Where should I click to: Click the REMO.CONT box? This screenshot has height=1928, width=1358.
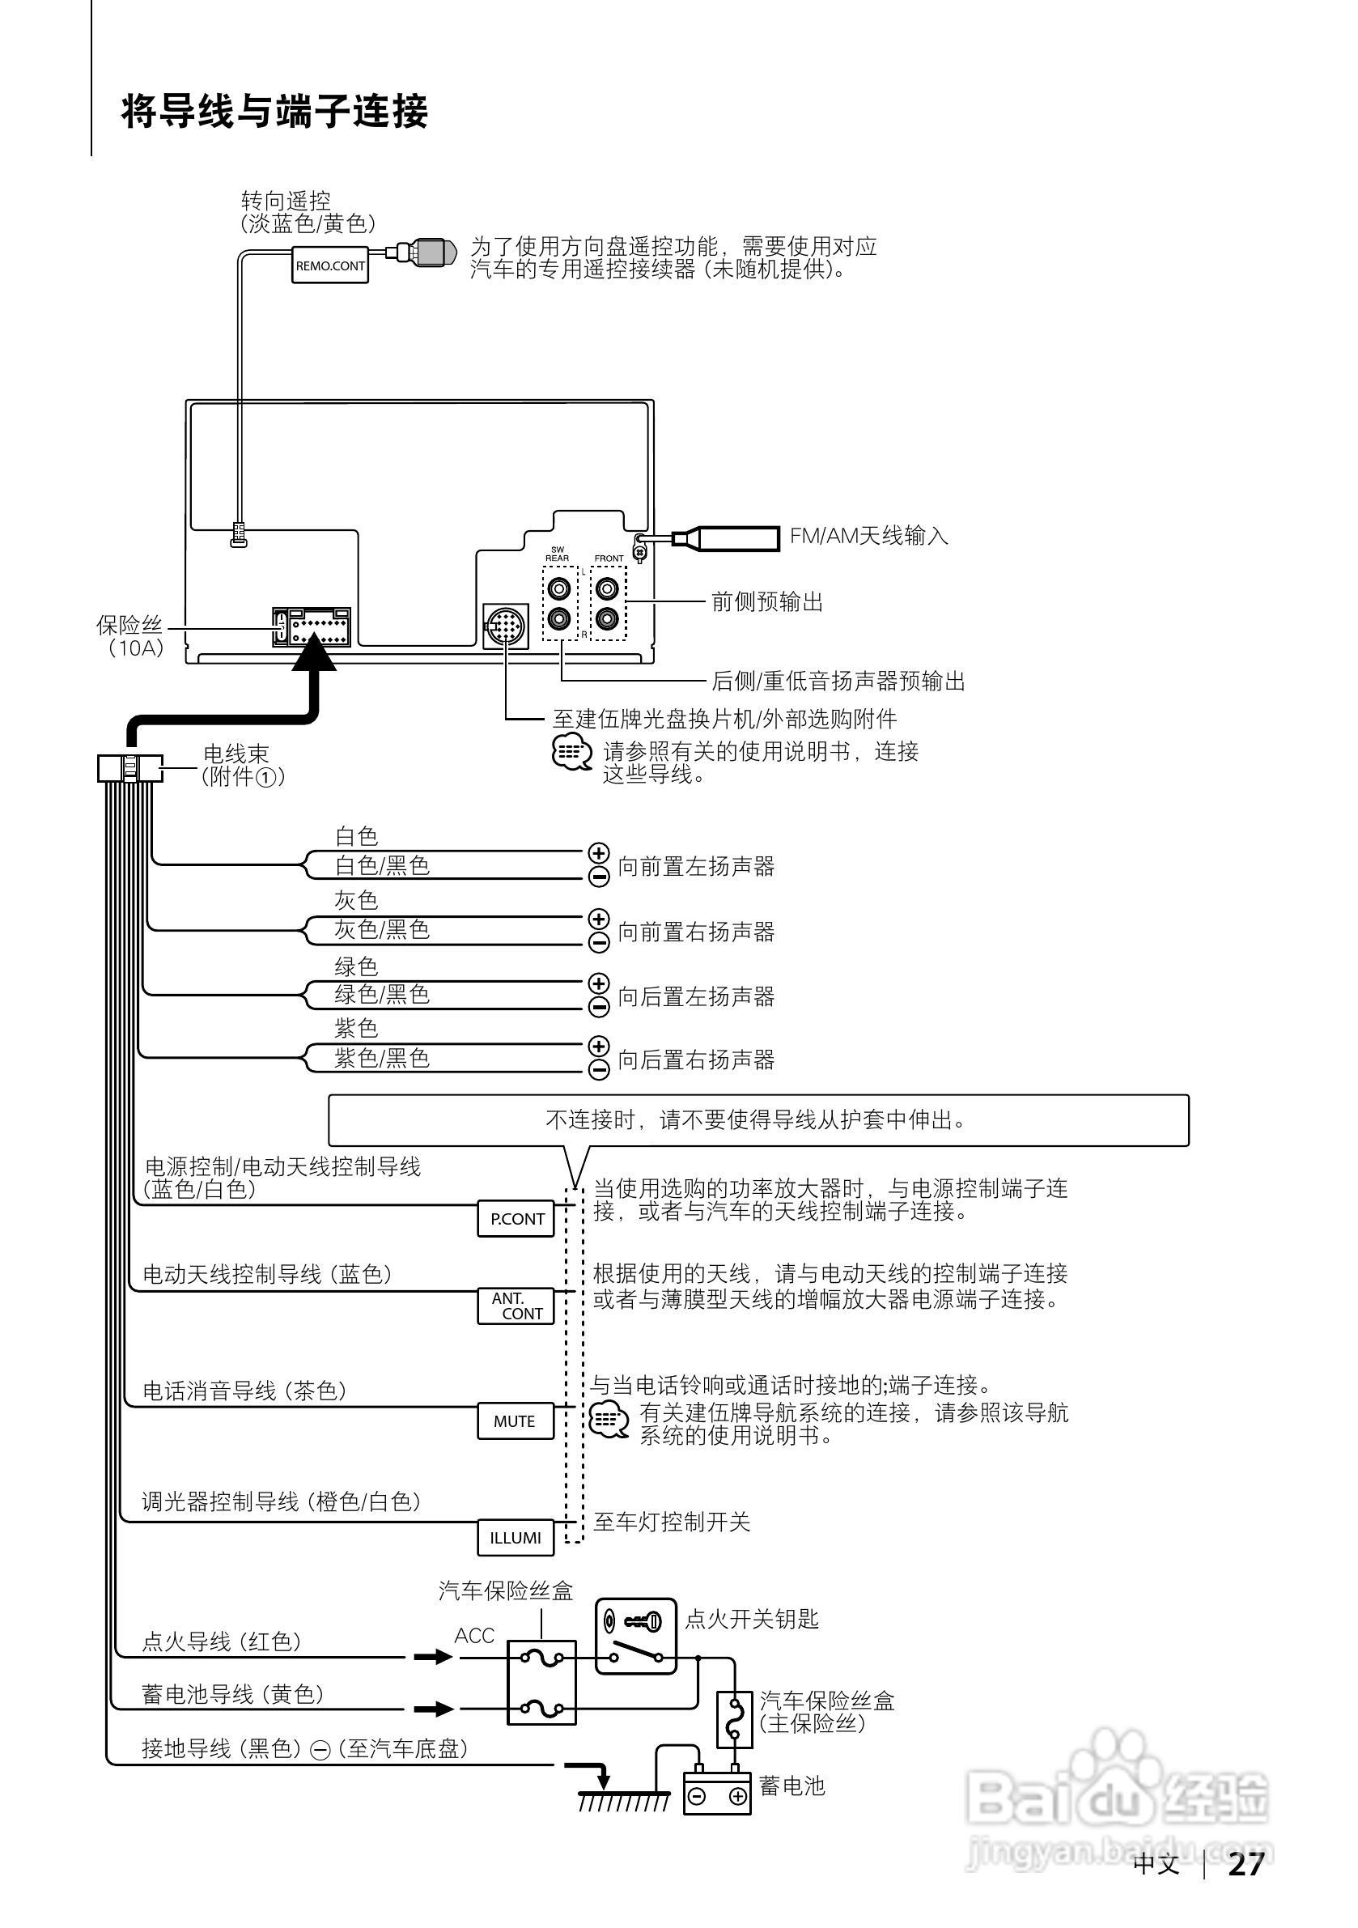(330, 265)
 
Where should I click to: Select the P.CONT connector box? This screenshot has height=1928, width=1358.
(516, 1219)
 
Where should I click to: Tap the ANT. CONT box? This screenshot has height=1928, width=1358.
(516, 1306)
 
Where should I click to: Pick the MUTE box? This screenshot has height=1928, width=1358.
(516, 1421)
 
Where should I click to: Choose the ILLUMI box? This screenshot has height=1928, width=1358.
(516, 1538)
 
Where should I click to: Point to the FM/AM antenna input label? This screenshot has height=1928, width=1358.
(868, 536)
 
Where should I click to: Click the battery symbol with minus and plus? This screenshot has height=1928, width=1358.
(716, 1796)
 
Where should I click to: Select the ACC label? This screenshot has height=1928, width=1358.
(474, 1636)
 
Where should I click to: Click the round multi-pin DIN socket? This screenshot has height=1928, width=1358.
(506, 626)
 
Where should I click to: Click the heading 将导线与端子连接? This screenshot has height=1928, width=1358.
(274, 112)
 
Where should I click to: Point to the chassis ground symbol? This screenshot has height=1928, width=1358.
(623, 1799)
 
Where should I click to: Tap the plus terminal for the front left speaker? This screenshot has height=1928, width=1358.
(598, 853)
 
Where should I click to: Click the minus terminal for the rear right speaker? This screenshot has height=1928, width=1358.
(599, 1069)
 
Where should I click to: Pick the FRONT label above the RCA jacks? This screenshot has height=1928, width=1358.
(609, 558)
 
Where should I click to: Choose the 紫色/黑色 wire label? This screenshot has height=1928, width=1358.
(382, 1058)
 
